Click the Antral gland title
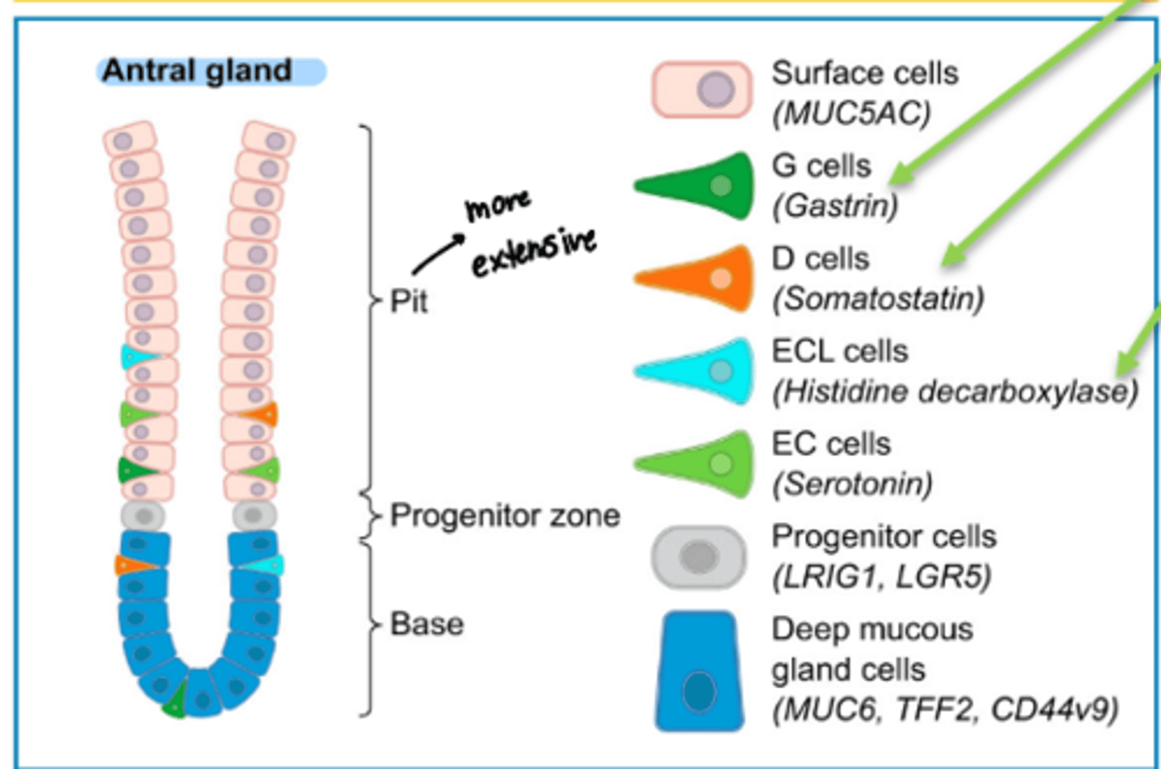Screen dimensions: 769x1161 point(198,71)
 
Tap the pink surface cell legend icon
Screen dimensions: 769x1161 point(701,90)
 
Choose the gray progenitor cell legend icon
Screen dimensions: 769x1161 point(699,557)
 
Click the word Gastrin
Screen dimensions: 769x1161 point(834,206)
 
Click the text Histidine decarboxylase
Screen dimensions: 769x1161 point(955,391)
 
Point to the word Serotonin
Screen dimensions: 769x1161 point(852,484)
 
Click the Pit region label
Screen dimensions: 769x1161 point(409,302)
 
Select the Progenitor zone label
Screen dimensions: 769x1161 point(505,515)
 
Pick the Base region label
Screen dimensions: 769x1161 point(427,624)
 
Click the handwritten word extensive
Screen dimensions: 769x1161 point(534,253)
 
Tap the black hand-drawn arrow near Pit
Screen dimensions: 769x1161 point(438,255)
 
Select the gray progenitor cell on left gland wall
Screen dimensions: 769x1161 point(144,516)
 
